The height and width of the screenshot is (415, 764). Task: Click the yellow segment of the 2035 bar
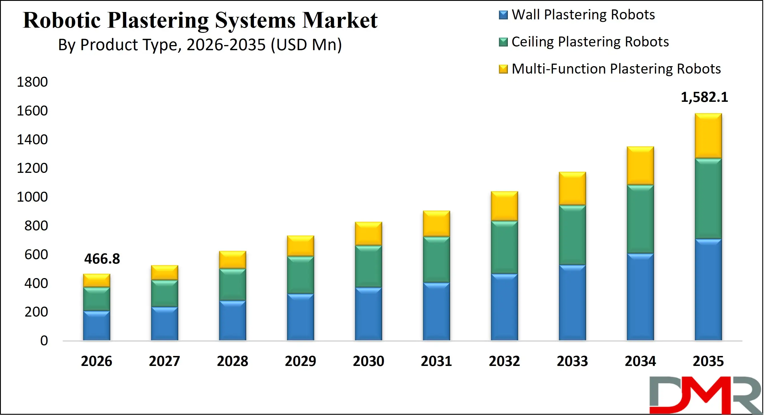tap(708, 136)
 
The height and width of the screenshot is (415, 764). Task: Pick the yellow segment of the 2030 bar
tap(368, 233)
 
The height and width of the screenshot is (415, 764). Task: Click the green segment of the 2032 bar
tap(504, 247)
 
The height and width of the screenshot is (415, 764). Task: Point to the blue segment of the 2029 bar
tap(300, 317)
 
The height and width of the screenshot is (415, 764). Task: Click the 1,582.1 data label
tap(704, 97)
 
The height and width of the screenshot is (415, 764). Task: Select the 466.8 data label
tap(102, 259)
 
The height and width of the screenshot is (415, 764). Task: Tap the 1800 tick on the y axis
tap(32, 82)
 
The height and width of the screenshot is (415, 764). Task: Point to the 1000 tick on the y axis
tap(32, 197)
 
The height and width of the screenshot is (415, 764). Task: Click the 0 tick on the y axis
tap(44, 341)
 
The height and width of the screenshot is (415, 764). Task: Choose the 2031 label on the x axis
tap(436, 361)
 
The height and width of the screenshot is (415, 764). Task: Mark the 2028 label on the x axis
tap(232, 361)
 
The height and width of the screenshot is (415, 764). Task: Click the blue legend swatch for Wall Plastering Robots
tap(503, 15)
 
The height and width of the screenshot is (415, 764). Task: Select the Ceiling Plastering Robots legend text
tap(590, 42)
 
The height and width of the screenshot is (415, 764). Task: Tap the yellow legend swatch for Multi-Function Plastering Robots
tap(503, 69)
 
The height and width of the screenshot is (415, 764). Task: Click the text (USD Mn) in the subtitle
tap(306, 45)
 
